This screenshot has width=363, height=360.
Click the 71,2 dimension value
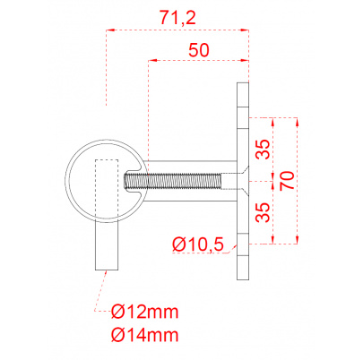177,18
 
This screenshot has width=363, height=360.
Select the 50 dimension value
199,50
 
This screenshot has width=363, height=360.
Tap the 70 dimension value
287,180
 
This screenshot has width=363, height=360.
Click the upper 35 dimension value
263,149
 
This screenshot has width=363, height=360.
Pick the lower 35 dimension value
263,212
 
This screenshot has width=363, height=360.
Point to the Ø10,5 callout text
198,244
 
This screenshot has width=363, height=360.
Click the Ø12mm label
145,312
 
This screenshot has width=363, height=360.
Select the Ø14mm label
145,335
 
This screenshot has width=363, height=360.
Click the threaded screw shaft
173,181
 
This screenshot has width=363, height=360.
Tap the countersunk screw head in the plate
242,181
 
